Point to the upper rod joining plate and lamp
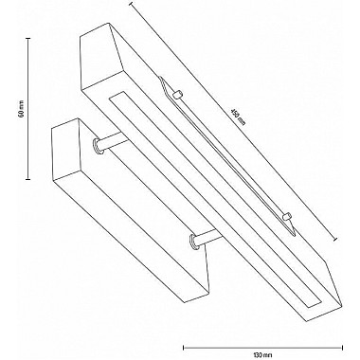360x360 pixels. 108,143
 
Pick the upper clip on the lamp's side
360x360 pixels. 176,94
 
